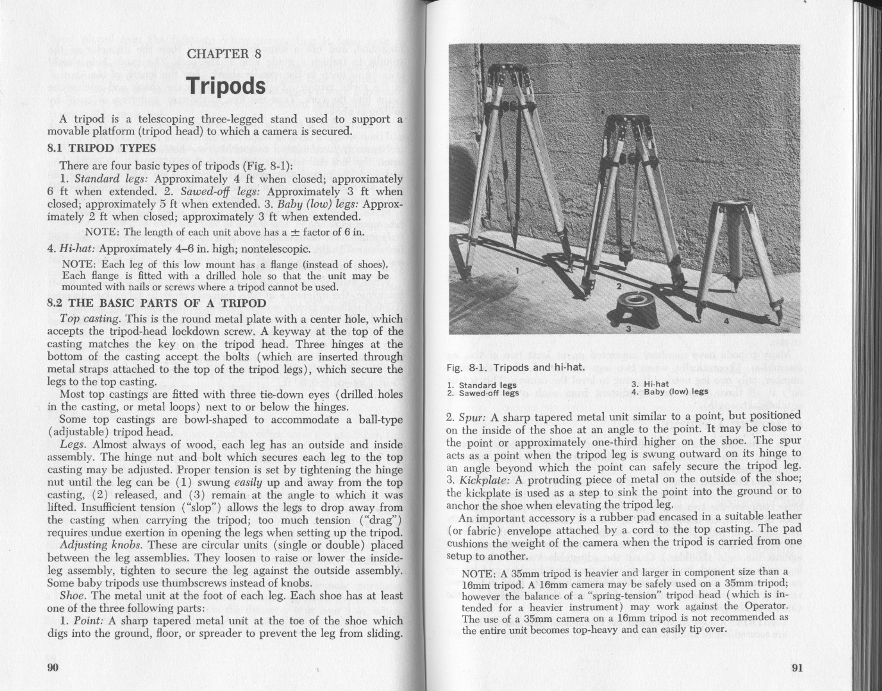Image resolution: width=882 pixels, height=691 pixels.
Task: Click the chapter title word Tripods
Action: (x=226, y=86)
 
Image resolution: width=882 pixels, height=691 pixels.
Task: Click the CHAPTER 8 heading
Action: (x=224, y=54)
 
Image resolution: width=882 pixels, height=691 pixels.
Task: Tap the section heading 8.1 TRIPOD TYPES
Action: (x=101, y=148)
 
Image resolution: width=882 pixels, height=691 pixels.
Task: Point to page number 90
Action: (x=53, y=667)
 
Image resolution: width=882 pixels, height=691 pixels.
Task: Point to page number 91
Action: (x=797, y=667)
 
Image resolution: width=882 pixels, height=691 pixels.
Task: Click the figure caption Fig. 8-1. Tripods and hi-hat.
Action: (x=515, y=367)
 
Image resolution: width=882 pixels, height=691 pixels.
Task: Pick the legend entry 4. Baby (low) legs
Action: (x=670, y=392)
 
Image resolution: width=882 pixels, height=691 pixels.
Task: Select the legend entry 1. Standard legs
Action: (x=481, y=385)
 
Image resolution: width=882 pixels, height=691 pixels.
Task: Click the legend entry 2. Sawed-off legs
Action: (x=483, y=392)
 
